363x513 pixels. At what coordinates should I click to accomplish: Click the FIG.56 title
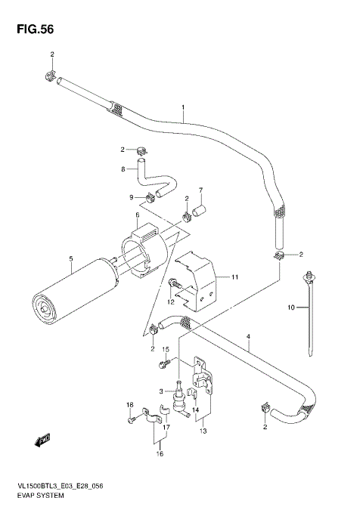click(33, 29)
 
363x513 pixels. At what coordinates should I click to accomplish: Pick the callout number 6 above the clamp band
click(137, 215)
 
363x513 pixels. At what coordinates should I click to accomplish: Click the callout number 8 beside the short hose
click(123, 169)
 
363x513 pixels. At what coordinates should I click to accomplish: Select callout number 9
click(131, 198)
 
